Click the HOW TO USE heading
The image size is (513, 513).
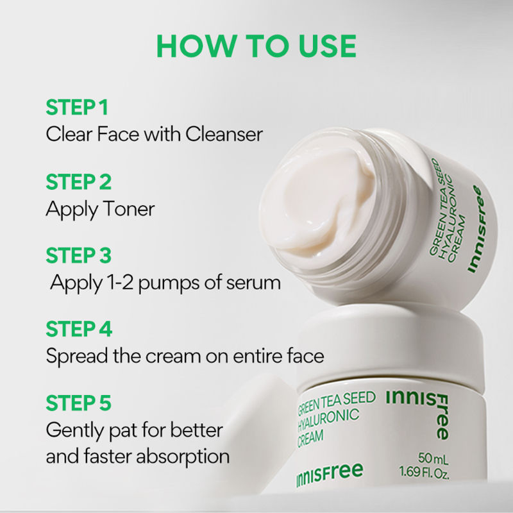tap(256, 46)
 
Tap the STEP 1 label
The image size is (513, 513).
tap(77, 107)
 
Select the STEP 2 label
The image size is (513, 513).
tap(78, 182)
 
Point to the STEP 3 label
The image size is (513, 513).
tap(78, 255)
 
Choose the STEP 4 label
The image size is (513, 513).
tap(79, 329)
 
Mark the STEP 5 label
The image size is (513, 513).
tap(78, 403)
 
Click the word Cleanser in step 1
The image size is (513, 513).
tap(224, 134)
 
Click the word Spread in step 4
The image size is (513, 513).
tap(77, 356)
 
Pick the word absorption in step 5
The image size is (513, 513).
tap(183, 457)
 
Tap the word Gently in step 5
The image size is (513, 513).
tap(75, 430)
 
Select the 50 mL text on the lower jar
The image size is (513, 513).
tap(433, 458)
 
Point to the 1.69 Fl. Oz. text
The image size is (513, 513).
tap(425, 473)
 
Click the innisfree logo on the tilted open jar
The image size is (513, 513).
tap(475, 229)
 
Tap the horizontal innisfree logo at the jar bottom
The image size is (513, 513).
tap(330, 474)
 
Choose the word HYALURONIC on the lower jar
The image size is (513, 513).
tap(328, 419)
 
